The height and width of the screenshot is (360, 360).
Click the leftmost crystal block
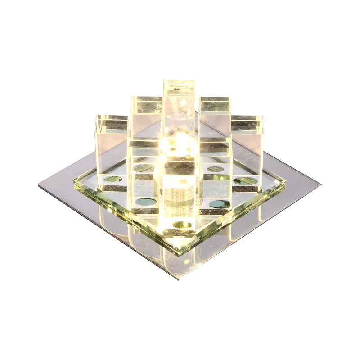coord(112,144)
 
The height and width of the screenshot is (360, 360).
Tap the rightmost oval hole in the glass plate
coord(246,181)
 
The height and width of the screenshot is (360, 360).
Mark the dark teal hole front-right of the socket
coord(220,203)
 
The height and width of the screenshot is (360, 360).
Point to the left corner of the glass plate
coord(74,182)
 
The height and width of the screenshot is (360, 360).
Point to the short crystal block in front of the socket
coord(179,171)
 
